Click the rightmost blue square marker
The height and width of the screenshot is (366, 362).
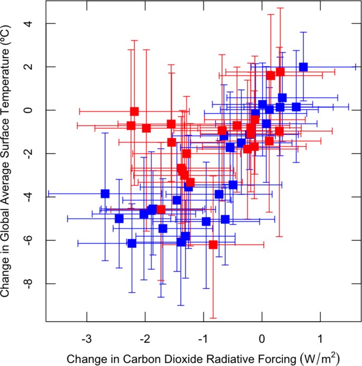[x=303, y=67]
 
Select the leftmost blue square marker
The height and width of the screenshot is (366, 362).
[x=105, y=194]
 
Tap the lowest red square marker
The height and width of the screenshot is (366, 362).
[x=213, y=245]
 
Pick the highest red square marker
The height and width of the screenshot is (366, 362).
[x=280, y=72]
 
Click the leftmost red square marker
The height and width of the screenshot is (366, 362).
[x=131, y=126]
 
